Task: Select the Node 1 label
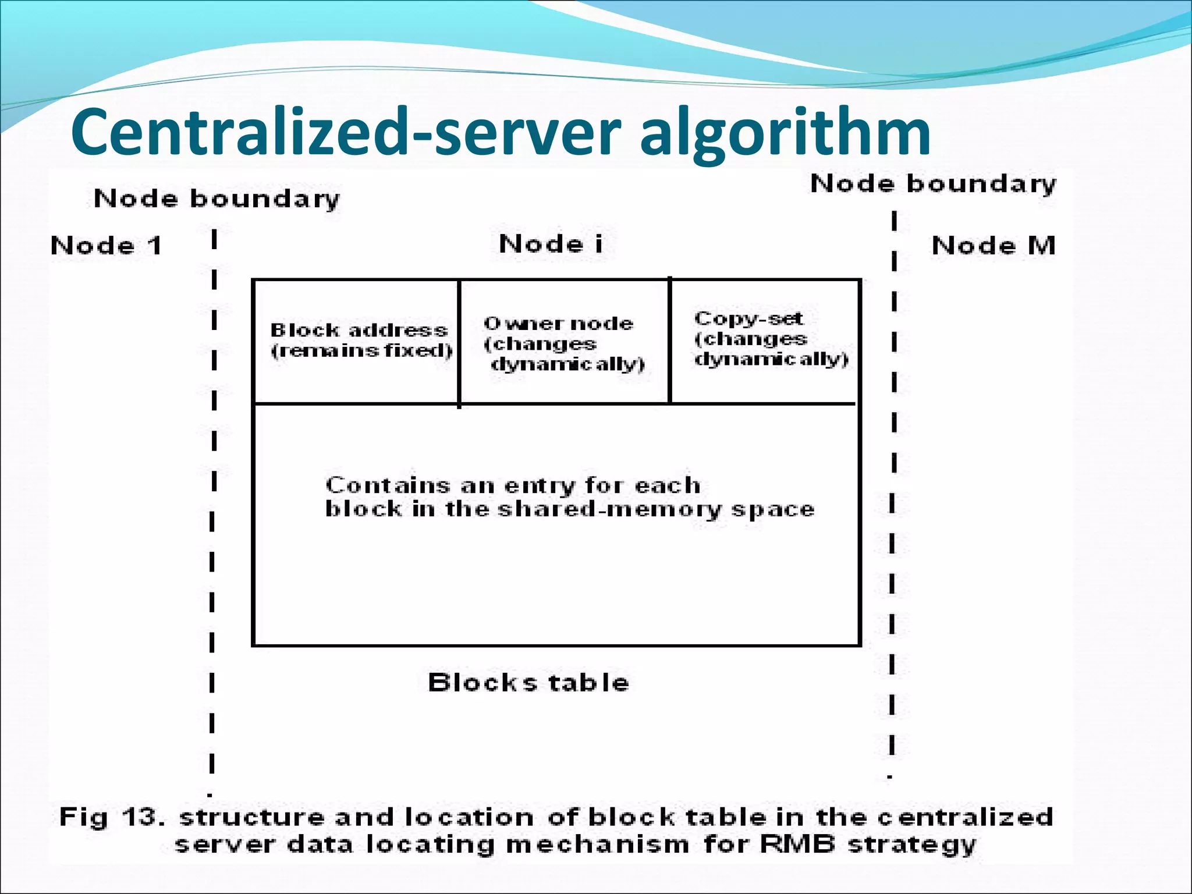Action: tap(106, 246)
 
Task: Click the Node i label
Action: tap(551, 244)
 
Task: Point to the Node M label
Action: tap(994, 246)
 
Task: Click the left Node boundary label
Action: tap(217, 199)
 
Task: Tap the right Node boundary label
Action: tap(933, 184)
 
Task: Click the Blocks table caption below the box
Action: tap(528, 682)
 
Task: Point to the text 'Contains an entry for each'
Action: tap(512, 485)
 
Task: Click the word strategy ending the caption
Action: tap(911, 845)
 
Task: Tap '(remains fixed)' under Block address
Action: tap(361, 350)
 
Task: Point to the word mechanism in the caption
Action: tap(597, 843)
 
